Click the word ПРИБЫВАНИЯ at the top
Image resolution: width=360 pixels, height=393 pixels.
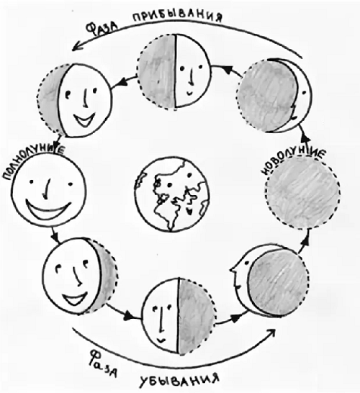(177, 17)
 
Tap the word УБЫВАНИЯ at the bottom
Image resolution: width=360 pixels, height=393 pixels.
(179, 381)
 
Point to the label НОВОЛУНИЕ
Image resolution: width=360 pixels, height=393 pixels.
(294, 161)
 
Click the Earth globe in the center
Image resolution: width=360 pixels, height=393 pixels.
(172, 194)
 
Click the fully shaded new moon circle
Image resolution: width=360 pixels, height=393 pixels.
(303, 192)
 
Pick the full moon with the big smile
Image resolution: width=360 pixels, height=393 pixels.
(49, 189)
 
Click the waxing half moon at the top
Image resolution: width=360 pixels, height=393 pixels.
(174, 71)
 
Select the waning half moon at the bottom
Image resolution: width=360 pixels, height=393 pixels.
(179, 316)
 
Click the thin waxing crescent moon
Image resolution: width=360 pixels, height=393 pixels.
(275, 95)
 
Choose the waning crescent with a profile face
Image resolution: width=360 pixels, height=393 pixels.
(270, 280)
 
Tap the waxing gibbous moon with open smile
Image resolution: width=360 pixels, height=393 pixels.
(75, 100)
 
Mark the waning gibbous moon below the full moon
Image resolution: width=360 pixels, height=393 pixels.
(80, 276)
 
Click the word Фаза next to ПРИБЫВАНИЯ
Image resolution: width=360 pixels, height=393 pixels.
(102, 28)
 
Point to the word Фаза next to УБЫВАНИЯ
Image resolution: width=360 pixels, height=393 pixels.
(103, 363)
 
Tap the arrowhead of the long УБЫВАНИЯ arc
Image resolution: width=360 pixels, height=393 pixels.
(271, 333)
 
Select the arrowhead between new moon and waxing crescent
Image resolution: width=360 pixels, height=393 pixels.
(304, 136)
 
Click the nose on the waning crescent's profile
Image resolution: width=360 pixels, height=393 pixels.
(232, 271)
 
